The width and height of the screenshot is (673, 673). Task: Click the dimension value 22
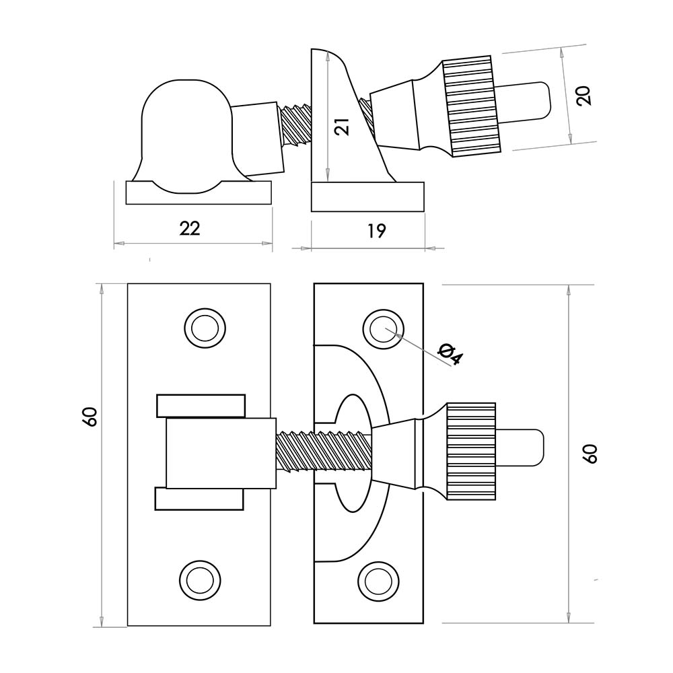pyautogui.click(x=190, y=228)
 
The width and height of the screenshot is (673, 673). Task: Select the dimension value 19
pyautogui.click(x=378, y=231)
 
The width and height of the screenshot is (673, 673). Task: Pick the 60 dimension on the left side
pyautogui.click(x=90, y=417)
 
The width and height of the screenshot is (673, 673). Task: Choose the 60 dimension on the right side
pyautogui.click(x=590, y=454)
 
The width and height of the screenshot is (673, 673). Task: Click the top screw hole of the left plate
pyautogui.click(x=203, y=328)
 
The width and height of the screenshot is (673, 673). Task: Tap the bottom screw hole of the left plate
pyautogui.click(x=200, y=578)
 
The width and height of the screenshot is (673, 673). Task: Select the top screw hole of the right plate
pyautogui.click(x=381, y=328)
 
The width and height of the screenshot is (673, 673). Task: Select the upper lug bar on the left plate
pyautogui.click(x=201, y=405)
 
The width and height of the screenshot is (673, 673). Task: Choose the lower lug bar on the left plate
pyautogui.click(x=200, y=499)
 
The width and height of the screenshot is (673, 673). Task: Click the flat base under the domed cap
pyautogui.click(x=199, y=193)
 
